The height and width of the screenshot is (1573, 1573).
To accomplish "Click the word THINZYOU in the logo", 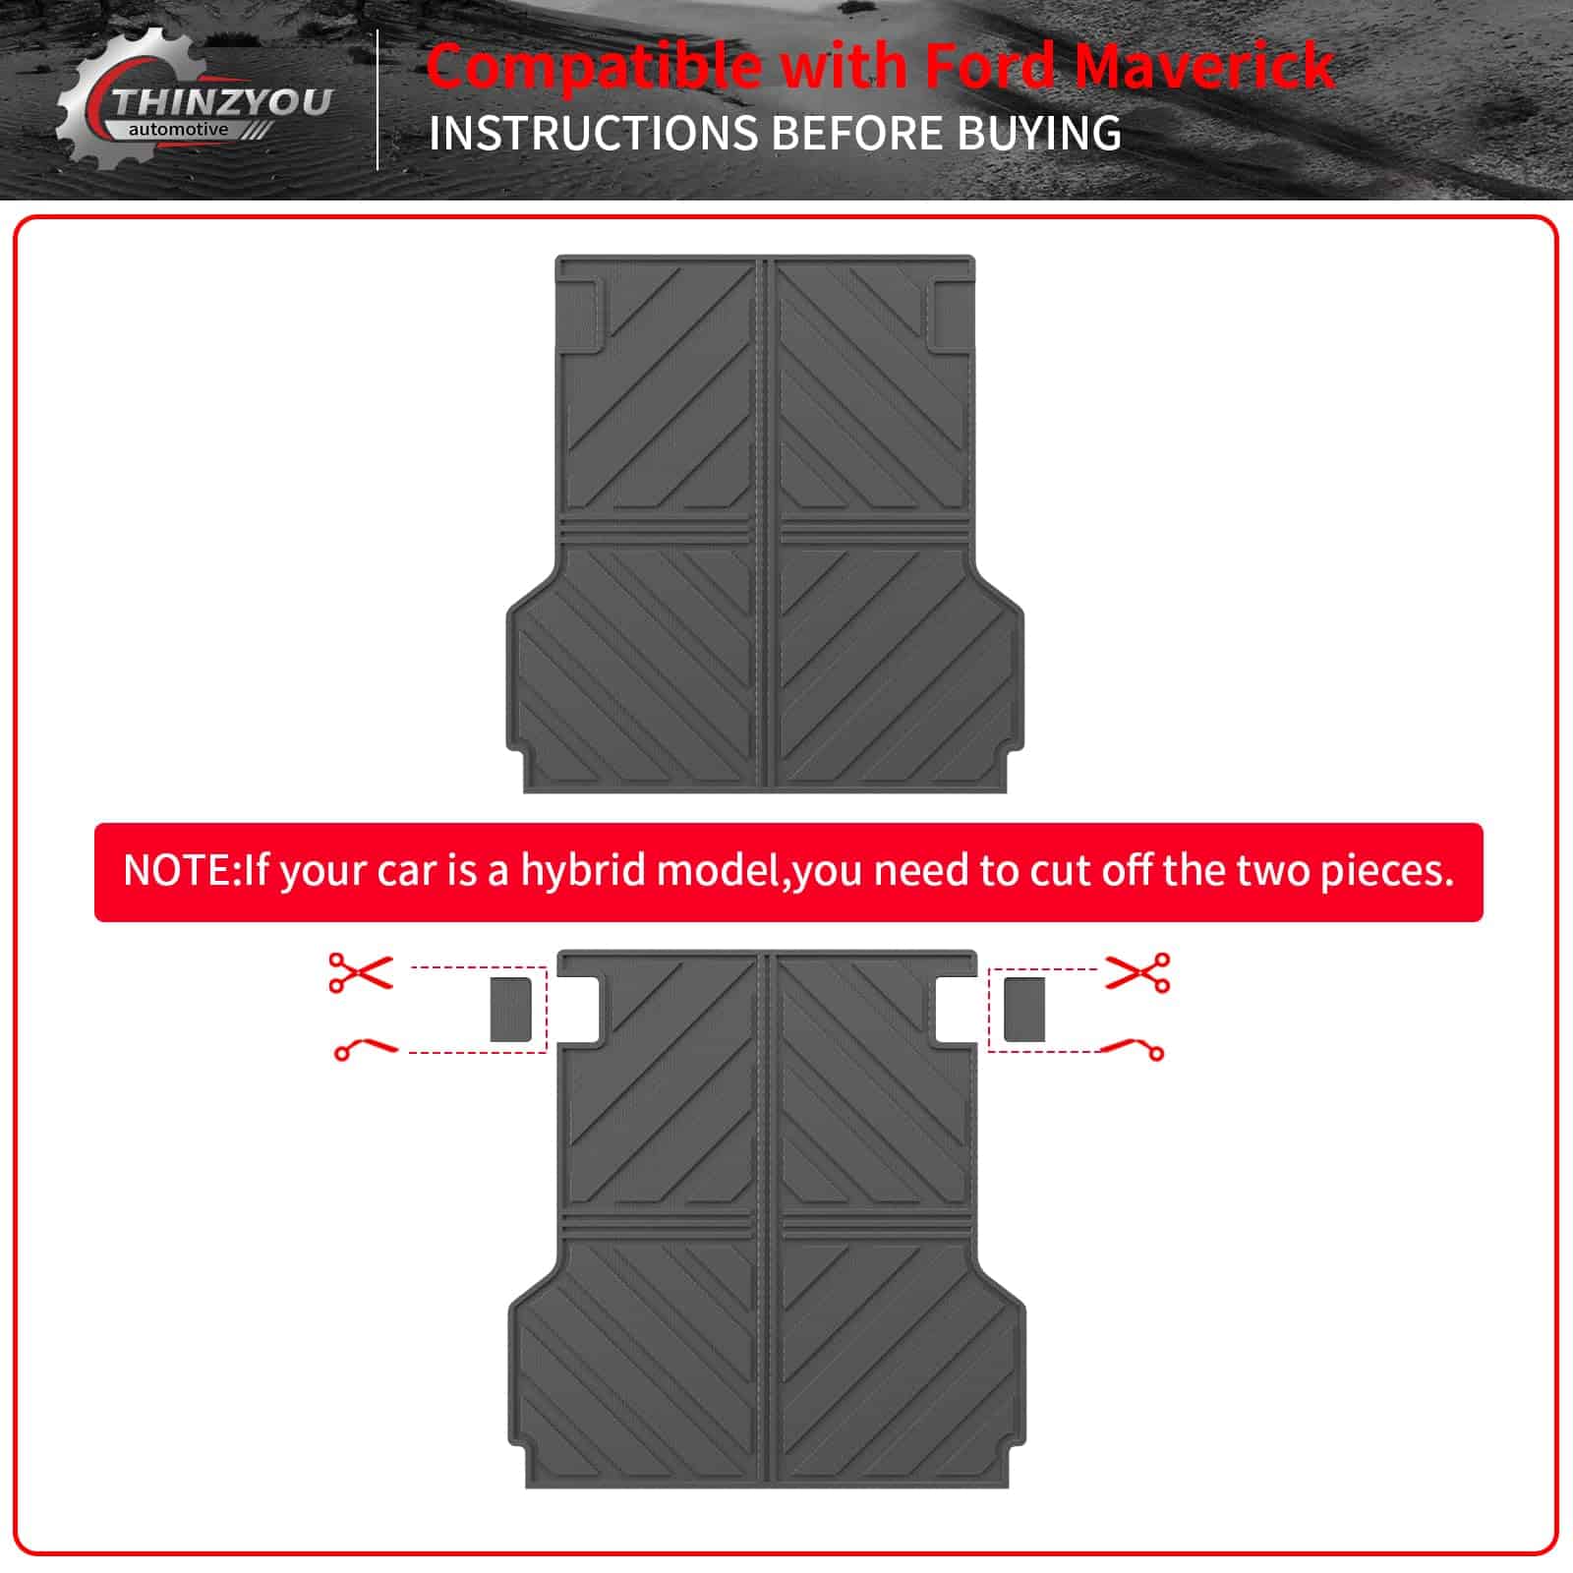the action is pyautogui.click(x=221, y=102).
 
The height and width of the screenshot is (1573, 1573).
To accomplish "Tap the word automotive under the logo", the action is pyautogui.click(x=178, y=130).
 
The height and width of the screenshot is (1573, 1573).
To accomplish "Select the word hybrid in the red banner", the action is pyautogui.click(x=584, y=870).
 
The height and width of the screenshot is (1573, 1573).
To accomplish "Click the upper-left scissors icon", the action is pyautogui.click(x=360, y=971).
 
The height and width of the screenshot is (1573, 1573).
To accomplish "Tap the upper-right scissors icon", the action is pyautogui.click(x=1138, y=971).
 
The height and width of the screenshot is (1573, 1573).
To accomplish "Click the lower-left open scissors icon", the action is pyautogui.click(x=366, y=1049).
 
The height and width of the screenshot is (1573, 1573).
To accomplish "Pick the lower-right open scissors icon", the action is pyautogui.click(x=1132, y=1049).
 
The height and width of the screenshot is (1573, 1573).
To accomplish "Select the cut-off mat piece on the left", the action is pyautogui.click(x=511, y=1009).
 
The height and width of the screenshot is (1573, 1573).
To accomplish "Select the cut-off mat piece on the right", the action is pyautogui.click(x=1024, y=1009).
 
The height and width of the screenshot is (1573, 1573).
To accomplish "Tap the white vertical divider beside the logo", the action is pyautogui.click(x=379, y=100).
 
